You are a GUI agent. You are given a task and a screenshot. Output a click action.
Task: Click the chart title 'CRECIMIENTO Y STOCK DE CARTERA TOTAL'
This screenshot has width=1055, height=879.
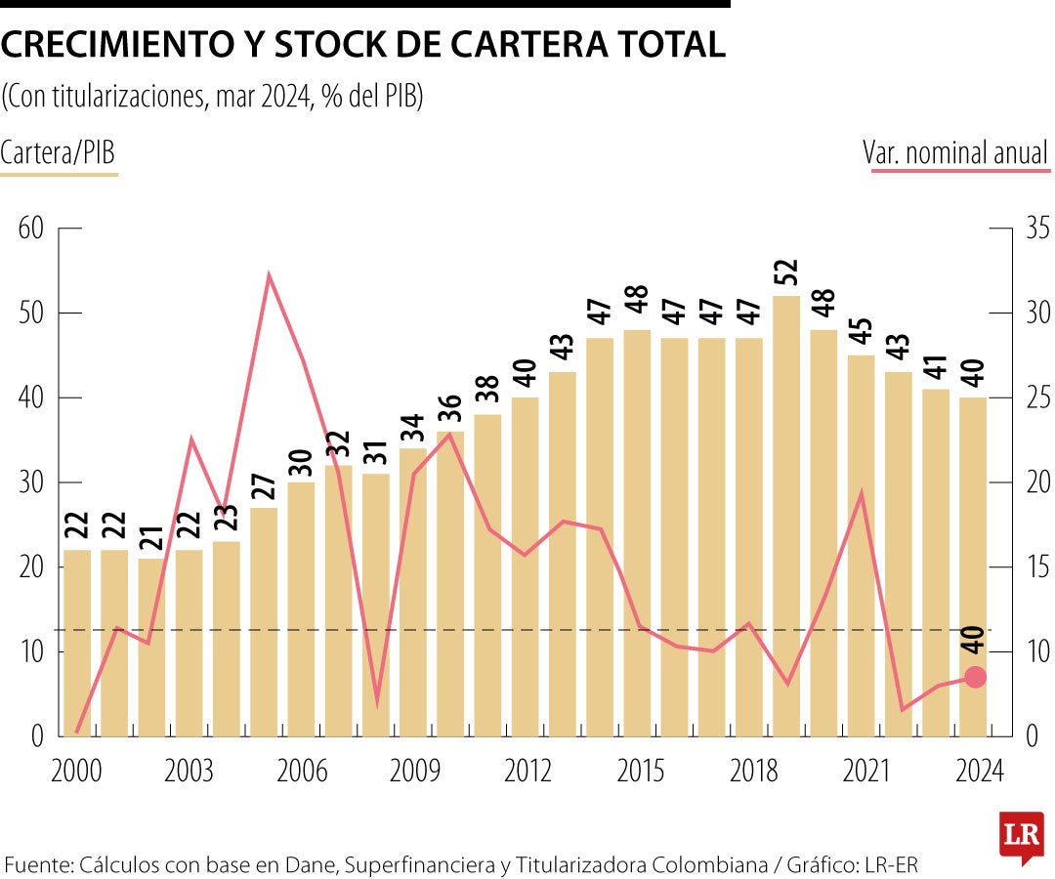[x=363, y=45]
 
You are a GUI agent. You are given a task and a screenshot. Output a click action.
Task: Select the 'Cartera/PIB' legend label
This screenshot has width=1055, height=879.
[x=59, y=153]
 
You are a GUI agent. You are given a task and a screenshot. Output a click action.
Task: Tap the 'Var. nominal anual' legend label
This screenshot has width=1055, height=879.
[x=954, y=153]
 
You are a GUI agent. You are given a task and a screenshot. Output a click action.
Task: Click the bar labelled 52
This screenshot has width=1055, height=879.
[x=785, y=518]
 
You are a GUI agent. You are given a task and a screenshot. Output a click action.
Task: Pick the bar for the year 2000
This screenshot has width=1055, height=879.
[x=77, y=645]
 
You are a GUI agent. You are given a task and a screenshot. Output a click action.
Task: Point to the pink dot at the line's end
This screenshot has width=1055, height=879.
[x=974, y=677]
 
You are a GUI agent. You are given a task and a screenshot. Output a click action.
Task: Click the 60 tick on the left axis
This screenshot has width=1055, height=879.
[x=31, y=230]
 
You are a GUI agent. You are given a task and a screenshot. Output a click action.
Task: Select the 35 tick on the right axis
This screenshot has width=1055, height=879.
[x=1035, y=230]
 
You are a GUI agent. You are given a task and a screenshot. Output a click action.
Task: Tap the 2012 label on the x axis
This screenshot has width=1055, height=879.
[x=527, y=772]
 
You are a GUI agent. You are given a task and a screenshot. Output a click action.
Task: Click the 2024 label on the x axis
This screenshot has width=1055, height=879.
[x=979, y=772]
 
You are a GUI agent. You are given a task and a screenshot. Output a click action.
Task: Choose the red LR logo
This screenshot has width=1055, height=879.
[x=1021, y=835]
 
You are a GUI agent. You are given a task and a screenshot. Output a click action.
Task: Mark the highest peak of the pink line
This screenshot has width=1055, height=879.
[x=269, y=275]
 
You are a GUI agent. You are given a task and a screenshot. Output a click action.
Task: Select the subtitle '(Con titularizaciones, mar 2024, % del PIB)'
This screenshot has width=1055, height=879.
[x=212, y=98]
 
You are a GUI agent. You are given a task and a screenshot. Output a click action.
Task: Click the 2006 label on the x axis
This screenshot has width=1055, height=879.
[x=302, y=772]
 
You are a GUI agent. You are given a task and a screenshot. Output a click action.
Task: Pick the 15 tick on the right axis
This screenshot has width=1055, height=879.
[x=1035, y=567]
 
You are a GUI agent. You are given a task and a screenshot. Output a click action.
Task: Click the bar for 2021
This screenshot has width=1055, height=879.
[x=861, y=547]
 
